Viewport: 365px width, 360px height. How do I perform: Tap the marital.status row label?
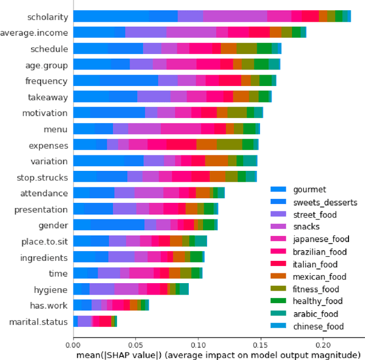[38, 322]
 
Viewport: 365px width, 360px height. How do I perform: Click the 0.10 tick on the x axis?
[198, 343]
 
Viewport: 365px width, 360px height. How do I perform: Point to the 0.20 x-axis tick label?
[322, 343]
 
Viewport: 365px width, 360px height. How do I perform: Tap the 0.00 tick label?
[74, 343]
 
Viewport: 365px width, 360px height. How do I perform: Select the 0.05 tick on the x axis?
[136, 343]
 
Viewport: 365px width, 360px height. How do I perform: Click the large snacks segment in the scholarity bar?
[234, 17]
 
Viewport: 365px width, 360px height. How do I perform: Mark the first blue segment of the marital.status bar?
[75, 322]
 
